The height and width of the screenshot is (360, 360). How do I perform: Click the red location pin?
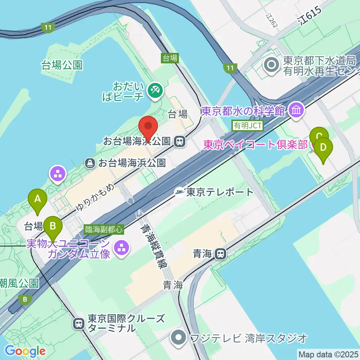point(148,127)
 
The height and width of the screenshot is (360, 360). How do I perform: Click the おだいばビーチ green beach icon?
point(154,90)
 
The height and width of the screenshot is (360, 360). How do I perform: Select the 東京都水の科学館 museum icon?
point(297,111)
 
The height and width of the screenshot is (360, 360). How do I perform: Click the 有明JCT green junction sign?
point(248,126)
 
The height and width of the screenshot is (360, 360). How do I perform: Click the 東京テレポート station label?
point(220,192)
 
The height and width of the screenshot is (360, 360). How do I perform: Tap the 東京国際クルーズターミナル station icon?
point(79,323)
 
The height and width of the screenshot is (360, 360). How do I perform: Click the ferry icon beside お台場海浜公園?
point(90,163)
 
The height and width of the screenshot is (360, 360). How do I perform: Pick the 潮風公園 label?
point(19,282)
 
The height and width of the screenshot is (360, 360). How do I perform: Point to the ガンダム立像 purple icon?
point(121,247)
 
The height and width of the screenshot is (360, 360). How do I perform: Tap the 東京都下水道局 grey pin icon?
point(271,65)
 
